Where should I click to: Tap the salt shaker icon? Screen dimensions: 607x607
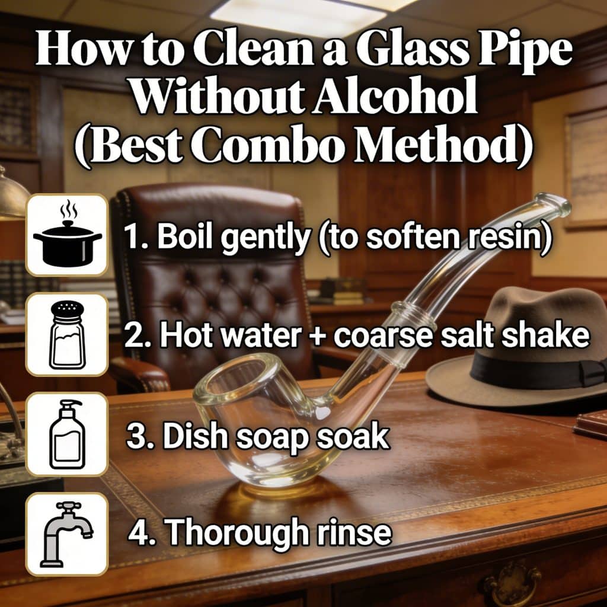coord(67,335)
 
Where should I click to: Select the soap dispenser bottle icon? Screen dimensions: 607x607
coord(68,434)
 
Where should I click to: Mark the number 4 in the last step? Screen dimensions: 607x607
coord(137,533)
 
